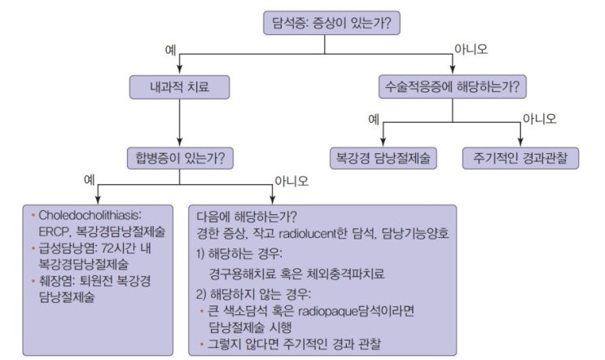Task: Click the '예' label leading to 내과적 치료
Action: tap(171, 49)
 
